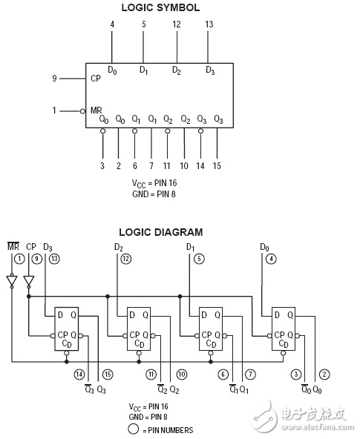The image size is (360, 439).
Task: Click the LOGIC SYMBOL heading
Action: (x=160, y=7)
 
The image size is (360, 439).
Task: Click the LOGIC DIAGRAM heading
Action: (x=161, y=232)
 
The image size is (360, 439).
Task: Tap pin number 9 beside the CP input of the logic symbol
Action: (x=54, y=78)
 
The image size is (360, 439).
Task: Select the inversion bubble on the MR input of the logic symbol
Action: (x=82, y=111)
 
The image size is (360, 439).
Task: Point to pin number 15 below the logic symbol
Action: (x=217, y=166)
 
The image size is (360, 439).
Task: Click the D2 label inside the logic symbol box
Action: (x=177, y=70)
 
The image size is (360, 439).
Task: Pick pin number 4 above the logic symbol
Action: (x=112, y=24)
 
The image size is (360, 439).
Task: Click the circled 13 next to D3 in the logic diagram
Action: (x=54, y=259)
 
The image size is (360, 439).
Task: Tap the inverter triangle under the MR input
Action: (x=12, y=281)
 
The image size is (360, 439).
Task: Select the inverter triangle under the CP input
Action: (x=28, y=281)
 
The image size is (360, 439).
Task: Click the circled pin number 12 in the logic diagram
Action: (x=126, y=259)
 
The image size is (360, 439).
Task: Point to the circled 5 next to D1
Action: (x=199, y=259)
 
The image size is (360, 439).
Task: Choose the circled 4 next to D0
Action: (x=271, y=259)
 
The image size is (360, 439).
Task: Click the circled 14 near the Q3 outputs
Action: (x=79, y=374)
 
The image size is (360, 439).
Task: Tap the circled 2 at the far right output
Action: (x=324, y=374)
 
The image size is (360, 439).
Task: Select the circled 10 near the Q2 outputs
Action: (x=182, y=374)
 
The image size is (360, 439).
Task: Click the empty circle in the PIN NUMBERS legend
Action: (x=134, y=429)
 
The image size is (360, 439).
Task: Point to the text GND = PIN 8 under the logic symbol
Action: (x=154, y=194)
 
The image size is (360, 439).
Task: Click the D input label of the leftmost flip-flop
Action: (x=60, y=315)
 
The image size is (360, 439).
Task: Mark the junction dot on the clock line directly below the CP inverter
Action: (x=28, y=296)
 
